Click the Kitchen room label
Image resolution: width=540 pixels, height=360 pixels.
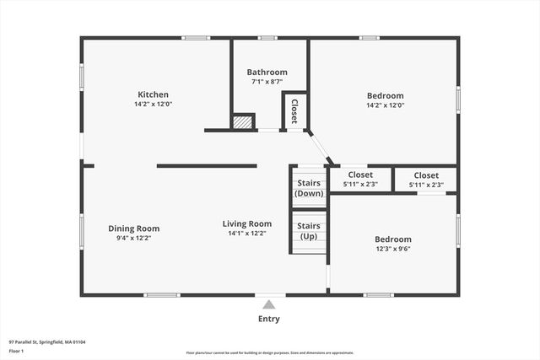tap(154, 94)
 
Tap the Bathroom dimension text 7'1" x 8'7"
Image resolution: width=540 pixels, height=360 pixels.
tap(267, 83)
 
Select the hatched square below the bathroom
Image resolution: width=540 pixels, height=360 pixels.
tap(243, 122)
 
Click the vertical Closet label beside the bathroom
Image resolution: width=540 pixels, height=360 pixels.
tap(294, 112)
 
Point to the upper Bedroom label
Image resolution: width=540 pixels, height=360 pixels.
tap(385, 95)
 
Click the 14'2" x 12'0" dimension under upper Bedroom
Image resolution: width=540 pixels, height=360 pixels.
tap(385, 105)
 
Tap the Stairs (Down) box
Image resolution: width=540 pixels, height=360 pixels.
tap(309, 187)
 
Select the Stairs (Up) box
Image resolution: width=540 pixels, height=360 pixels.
tap(309, 230)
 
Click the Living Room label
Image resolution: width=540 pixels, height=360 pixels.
tap(246, 223)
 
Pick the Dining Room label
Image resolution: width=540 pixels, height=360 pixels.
tap(133, 228)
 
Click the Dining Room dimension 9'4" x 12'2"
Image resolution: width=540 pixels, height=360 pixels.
tap(133, 238)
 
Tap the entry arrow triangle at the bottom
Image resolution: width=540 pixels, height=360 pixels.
tap(268, 305)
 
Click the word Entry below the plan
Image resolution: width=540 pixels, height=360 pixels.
tap(268, 319)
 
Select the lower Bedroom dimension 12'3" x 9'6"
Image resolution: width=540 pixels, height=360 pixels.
tap(393, 249)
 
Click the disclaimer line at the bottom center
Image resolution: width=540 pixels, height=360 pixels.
tap(269, 353)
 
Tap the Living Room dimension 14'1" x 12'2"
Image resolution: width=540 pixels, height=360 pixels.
tap(246, 234)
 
